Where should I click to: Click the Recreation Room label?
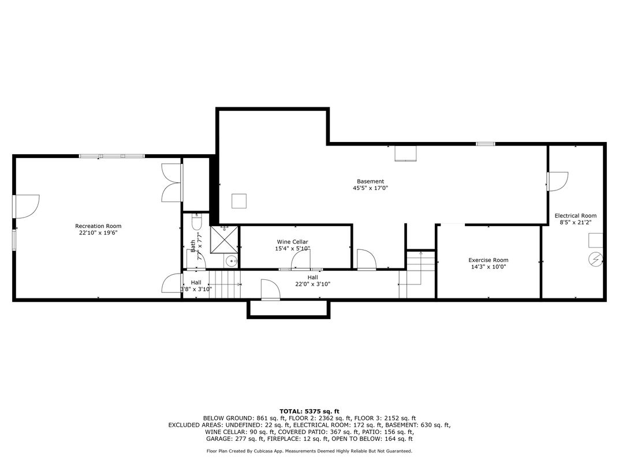[98, 226]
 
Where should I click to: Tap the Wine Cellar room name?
[293, 242]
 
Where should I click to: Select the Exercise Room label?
[489, 260]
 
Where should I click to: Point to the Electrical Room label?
[576, 215]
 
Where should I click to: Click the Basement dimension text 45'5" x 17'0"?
[370, 188]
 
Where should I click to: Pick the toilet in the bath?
[196, 222]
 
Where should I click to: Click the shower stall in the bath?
[224, 240]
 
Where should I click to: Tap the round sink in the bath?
[232, 261]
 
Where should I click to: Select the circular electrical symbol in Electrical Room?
[595, 259]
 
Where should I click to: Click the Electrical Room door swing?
[557, 181]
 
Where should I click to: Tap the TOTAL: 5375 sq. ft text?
[309, 411]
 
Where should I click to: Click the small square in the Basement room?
[239, 201]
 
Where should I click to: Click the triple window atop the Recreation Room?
[112, 156]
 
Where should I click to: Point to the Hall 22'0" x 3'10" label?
[312, 280]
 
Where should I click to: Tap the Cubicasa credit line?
[309, 451]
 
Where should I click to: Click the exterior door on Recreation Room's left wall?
[26, 207]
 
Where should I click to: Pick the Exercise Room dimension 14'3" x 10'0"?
[489, 267]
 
